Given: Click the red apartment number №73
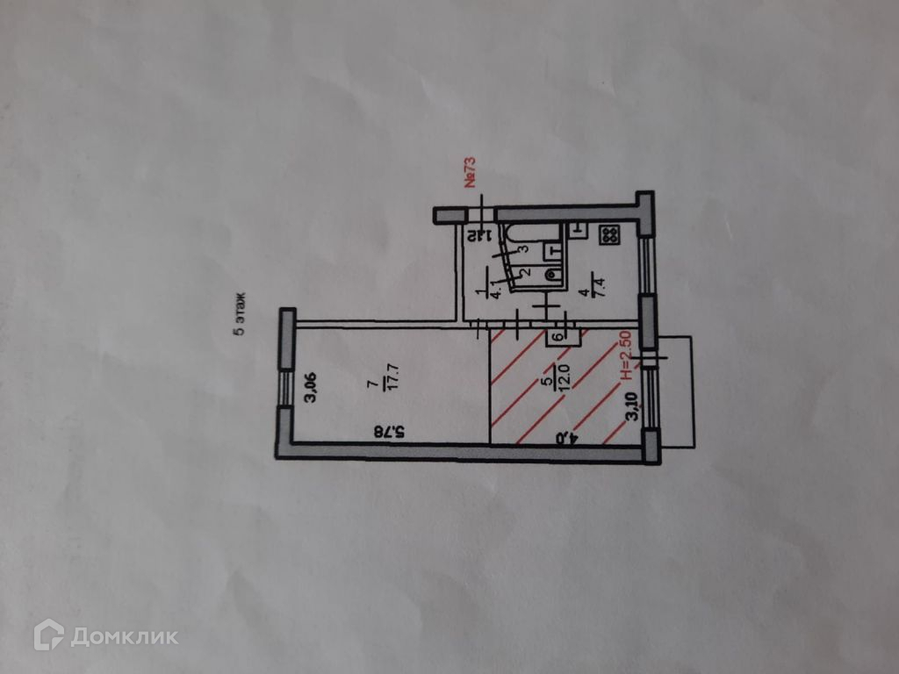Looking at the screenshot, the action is [x=470, y=172].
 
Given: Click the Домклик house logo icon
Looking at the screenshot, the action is [x=48, y=635].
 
